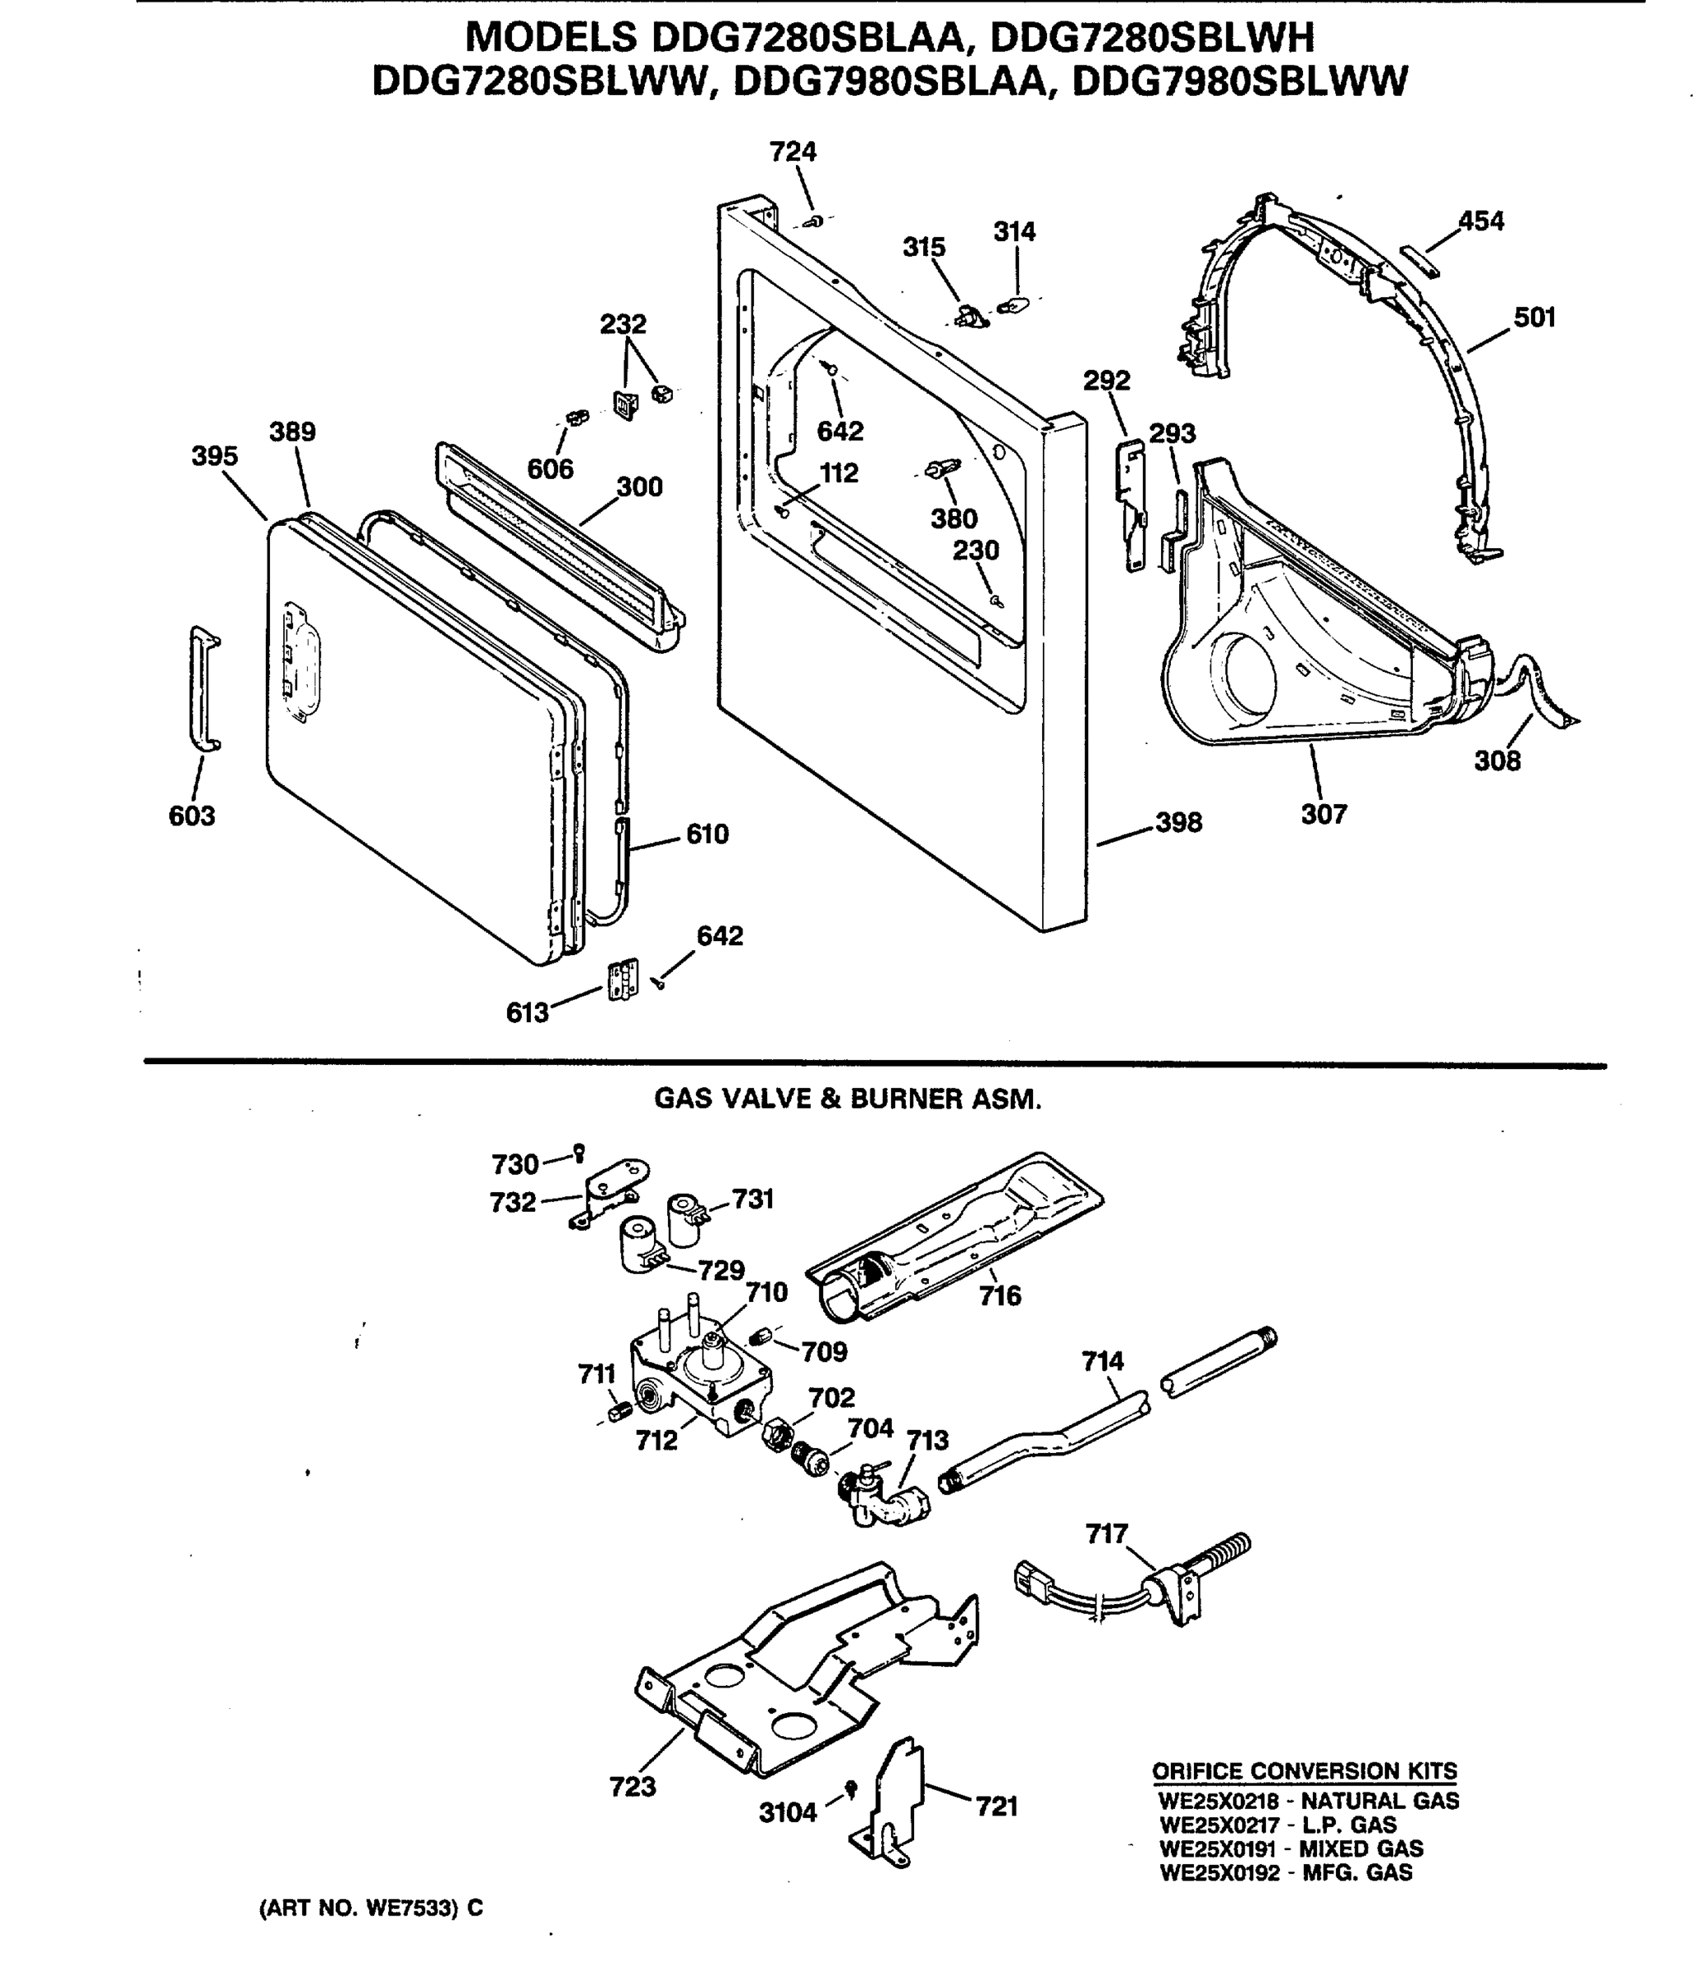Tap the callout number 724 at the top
793,152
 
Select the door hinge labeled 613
623,980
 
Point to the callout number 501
1534,318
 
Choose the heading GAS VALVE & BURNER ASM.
848,1099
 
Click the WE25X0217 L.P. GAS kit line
1277,1825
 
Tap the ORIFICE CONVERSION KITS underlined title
1304,1771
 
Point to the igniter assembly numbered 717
1178,1583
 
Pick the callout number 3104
788,1812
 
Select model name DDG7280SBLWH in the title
1153,39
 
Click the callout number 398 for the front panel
1178,822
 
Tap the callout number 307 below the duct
1324,814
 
